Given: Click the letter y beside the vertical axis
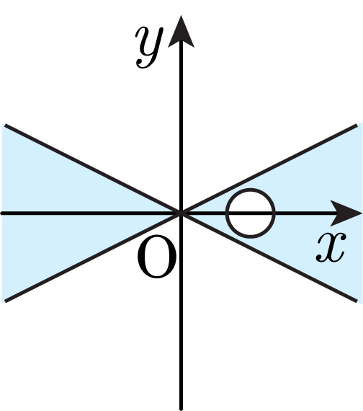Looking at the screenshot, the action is point(149,47).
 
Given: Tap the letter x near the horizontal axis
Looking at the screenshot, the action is point(331,248).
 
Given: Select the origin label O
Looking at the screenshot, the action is point(156,256).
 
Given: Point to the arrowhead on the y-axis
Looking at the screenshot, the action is point(181,32).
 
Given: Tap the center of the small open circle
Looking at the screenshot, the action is point(251,213).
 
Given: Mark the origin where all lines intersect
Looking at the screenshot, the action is point(181,213).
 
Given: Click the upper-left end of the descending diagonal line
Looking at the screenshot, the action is point(5,125).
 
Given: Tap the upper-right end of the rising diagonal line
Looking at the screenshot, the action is point(357,125).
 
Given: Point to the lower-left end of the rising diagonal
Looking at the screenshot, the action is point(5,301).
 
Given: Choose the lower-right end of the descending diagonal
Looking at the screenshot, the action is point(357,301).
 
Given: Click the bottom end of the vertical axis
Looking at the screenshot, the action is point(181,409).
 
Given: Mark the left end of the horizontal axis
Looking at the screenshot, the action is point(1,213).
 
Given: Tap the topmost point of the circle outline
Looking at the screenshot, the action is point(251,190).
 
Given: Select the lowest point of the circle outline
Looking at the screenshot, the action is point(251,237).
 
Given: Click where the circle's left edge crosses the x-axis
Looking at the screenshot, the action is point(227,213).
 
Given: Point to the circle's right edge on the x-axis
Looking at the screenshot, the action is point(274,213).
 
